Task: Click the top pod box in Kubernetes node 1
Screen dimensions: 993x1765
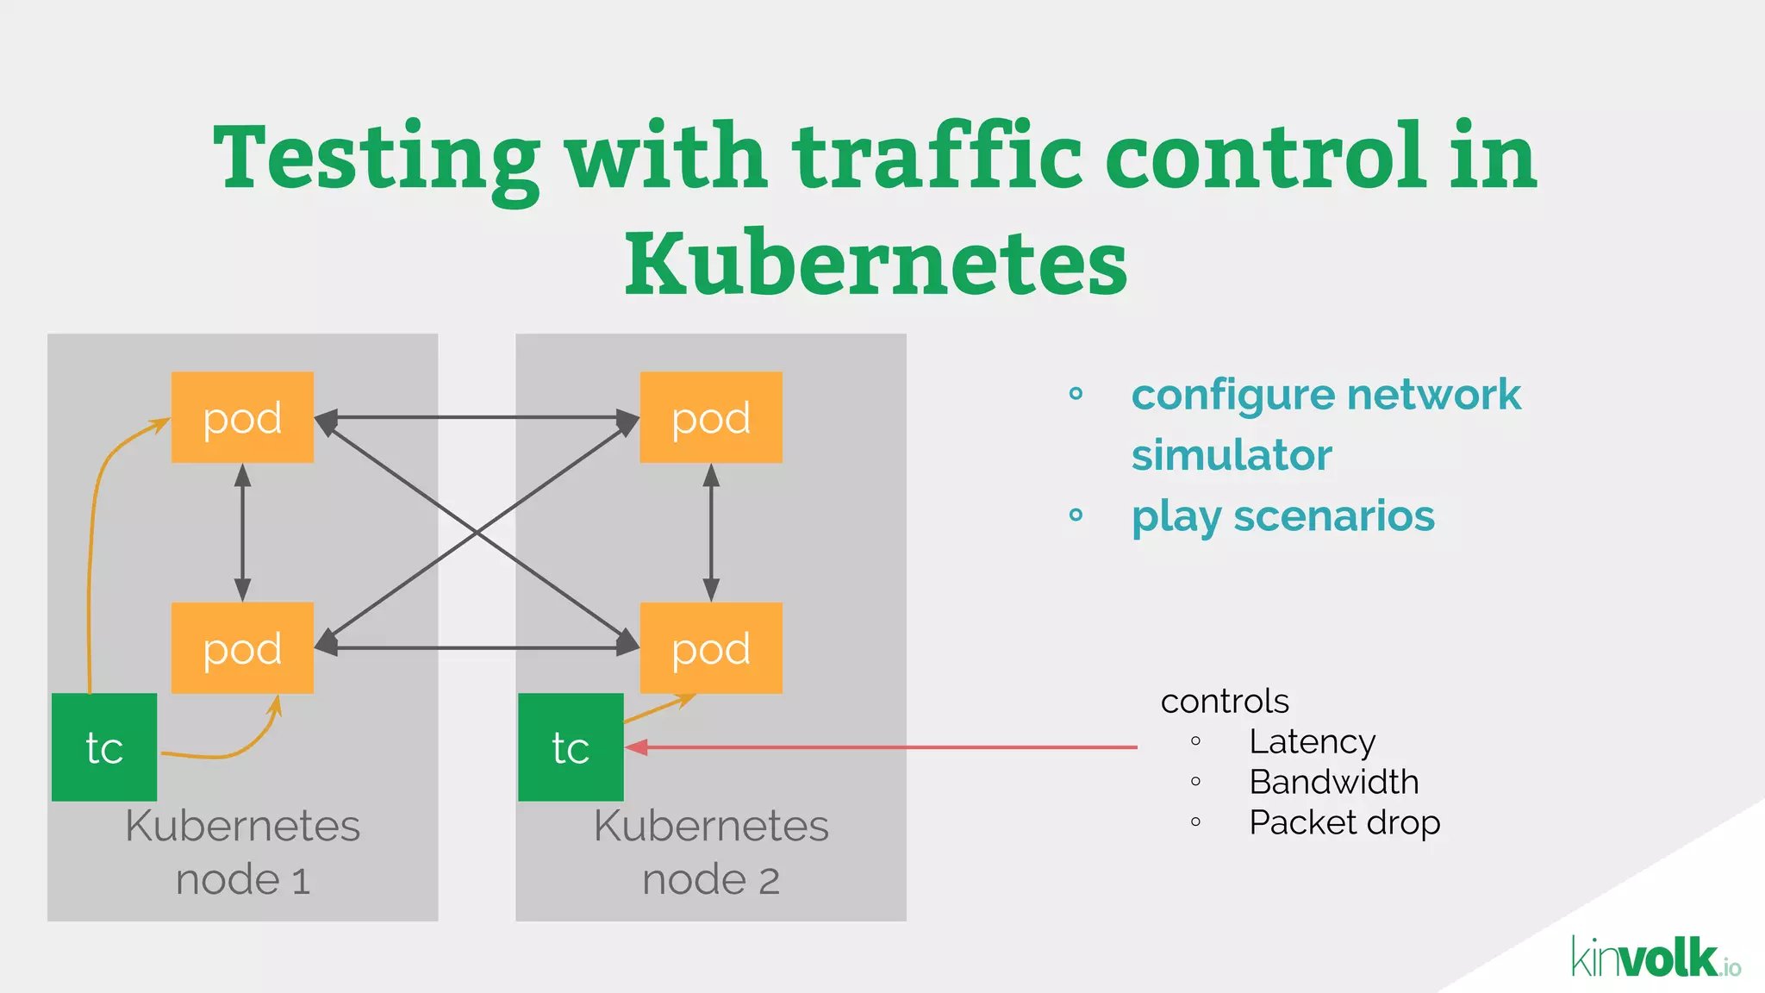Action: (242, 417)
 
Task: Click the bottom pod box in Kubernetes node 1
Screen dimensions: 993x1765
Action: (242, 648)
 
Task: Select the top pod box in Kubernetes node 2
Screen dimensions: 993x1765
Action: (711, 417)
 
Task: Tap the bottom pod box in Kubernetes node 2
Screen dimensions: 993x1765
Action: (711, 648)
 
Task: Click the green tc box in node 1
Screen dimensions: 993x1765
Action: (104, 747)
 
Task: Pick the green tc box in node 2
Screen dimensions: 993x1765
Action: (571, 747)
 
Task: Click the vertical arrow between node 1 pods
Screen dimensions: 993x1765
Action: (243, 533)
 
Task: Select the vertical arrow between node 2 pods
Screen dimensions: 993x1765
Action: (711, 533)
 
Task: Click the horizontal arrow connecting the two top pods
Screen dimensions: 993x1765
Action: (477, 418)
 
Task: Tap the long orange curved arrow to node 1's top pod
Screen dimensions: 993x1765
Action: (93, 534)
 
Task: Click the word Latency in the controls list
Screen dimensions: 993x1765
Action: (1312, 742)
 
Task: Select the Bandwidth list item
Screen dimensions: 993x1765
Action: (1333, 783)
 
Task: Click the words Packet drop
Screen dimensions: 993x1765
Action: (1344, 823)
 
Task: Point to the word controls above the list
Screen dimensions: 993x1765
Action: (1225, 702)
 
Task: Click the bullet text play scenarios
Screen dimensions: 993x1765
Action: (1282, 517)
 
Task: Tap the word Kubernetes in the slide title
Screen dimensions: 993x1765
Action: (876, 263)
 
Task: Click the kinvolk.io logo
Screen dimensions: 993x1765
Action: (1656, 958)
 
